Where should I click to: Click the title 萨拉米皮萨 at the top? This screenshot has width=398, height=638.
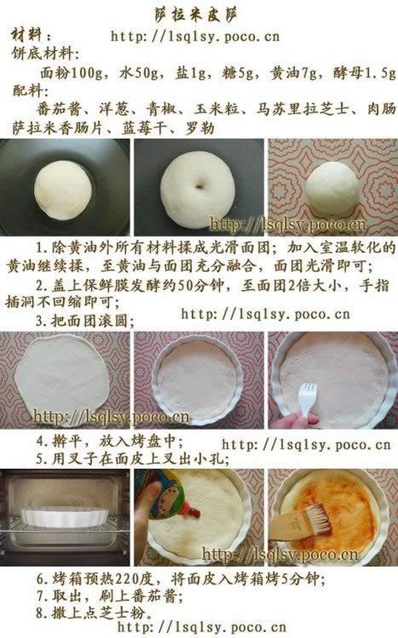(x=197, y=14)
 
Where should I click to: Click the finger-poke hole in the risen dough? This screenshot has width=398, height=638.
(x=199, y=185)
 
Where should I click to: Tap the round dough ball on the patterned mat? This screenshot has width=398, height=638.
(x=332, y=188)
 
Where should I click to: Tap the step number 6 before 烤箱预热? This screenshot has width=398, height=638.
(x=40, y=578)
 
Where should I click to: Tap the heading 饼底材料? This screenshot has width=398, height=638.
(x=43, y=54)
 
